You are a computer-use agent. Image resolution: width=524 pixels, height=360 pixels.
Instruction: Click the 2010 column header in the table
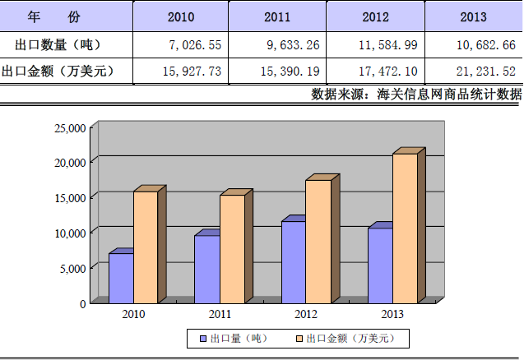[x=180, y=16]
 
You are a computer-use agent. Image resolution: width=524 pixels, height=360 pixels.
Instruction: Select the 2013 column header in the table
[x=474, y=16]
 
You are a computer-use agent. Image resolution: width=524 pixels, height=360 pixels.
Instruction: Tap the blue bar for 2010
[x=121, y=277]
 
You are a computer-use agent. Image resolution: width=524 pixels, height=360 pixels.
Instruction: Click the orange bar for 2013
[x=404, y=228]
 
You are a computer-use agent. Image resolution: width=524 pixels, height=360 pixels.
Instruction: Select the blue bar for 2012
[x=293, y=261]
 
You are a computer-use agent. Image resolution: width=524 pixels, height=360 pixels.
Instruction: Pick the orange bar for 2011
[x=232, y=248]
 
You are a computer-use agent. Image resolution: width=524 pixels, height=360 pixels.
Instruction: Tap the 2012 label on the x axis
[x=306, y=314]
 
